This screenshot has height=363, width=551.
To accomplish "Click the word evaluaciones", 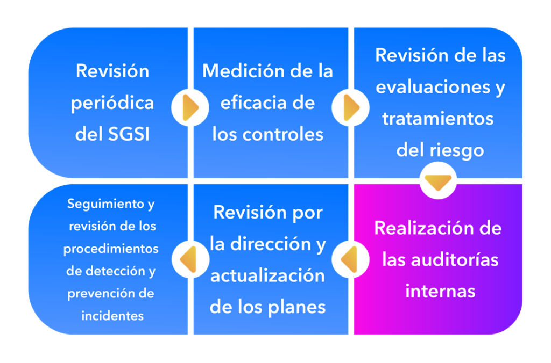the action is [x=433, y=87].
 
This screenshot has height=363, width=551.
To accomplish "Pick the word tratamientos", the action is [x=438, y=119].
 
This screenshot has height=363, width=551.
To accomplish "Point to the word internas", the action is [x=440, y=292].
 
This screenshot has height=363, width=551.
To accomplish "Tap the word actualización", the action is [x=268, y=275].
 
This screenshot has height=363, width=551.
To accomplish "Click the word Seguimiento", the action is [x=105, y=204].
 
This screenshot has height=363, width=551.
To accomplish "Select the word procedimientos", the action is [x=111, y=249].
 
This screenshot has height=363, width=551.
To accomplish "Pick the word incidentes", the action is [x=112, y=316].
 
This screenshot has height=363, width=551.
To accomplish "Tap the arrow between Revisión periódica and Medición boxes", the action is [x=190, y=107].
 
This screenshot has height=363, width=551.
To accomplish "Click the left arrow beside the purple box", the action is [x=349, y=259].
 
